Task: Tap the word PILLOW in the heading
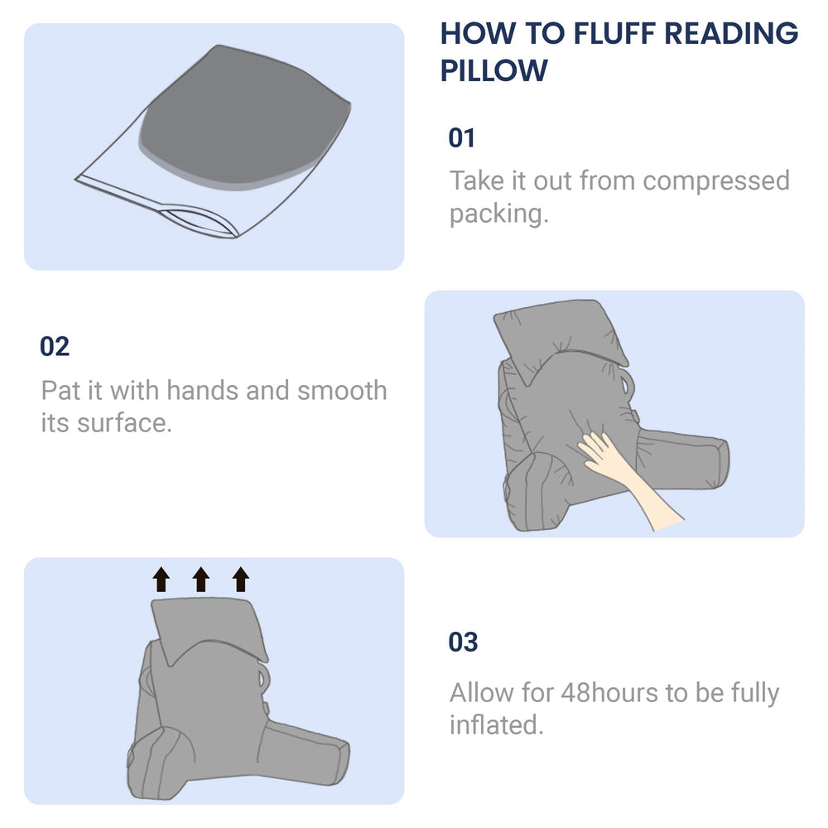[494, 70]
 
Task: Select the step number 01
[461, 137]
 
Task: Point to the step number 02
[55, 346]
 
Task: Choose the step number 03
[463, 642]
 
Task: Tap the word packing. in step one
[498, 214]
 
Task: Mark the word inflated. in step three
[496, 725]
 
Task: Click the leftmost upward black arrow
[161, 580]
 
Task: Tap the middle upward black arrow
[201, 580]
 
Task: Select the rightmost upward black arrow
[241, 580]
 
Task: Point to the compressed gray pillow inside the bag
[244, 116]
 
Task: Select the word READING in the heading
[731, 34]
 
